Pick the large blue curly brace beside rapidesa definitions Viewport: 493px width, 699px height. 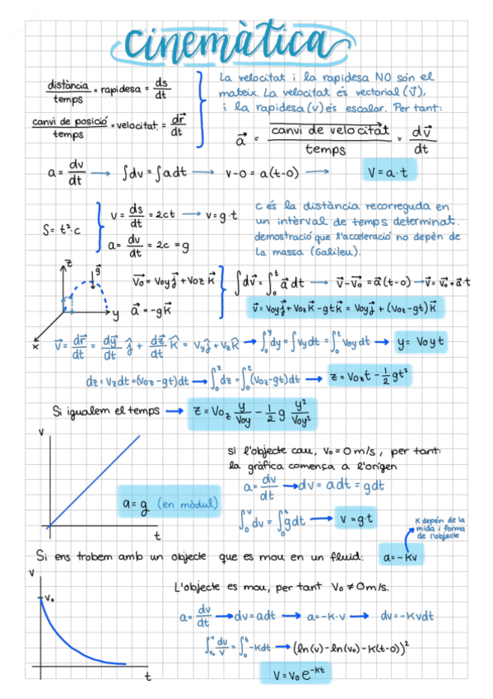pyautogui.click(x=201, y=109)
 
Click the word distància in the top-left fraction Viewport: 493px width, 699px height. pyautogui.click(x=67, y=85)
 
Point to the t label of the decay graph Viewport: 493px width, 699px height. pyautogui.click(x=148, y=676)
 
